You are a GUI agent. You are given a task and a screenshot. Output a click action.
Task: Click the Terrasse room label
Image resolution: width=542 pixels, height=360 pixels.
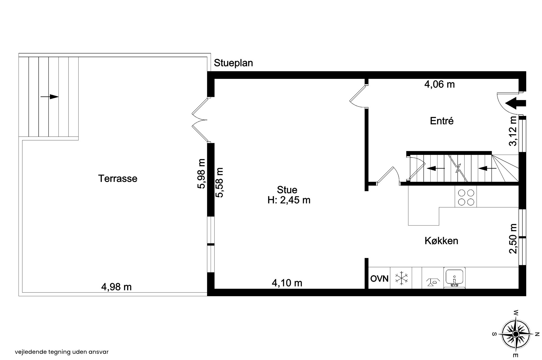point(118,178)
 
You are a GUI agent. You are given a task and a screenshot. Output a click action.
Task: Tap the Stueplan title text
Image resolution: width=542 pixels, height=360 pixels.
point(233,63)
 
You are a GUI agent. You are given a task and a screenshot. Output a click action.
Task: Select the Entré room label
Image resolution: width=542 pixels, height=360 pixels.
point(442,121)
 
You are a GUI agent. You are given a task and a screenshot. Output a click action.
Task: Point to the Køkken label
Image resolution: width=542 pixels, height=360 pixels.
point(441,241)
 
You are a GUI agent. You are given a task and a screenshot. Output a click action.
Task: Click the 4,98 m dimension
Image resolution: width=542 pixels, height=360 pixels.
point(116,287)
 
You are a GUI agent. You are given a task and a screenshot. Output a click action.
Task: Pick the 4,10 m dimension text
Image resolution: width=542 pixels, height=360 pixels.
point(287,283)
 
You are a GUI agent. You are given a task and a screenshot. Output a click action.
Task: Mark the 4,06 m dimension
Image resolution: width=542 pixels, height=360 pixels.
point(440,84)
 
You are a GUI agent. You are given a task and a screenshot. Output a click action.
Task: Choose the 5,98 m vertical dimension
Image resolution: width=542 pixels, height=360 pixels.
point(201,173)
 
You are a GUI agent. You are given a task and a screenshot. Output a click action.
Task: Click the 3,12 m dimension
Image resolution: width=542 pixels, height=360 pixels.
point(513,131)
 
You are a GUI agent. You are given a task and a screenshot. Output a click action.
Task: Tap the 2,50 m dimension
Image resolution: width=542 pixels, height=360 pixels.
point(513,238)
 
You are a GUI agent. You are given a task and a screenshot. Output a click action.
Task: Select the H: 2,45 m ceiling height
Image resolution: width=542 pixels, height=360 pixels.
point(289,200)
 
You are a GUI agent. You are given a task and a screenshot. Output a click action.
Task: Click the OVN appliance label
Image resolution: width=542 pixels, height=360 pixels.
point(379,278)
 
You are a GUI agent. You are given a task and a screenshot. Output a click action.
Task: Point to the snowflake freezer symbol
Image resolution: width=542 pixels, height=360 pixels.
point(401,278)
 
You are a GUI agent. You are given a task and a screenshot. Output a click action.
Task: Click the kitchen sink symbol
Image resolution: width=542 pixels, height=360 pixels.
point(454,278)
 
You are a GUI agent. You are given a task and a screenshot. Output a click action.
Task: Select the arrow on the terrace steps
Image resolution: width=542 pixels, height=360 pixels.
point(49,97)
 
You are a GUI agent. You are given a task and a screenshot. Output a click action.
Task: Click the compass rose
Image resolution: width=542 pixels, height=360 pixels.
point(516,334)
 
